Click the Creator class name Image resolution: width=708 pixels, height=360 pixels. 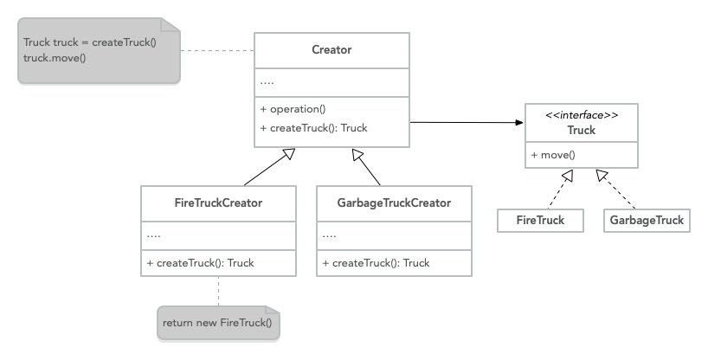point(331,49)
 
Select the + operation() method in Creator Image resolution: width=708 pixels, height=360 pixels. point(293,109)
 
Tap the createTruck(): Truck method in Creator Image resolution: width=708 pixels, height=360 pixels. point(313,128)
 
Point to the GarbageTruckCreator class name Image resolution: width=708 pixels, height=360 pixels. point(394,203)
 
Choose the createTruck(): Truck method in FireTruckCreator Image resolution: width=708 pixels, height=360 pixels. point(201,263)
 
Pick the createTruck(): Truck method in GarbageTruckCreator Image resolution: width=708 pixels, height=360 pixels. point(376,263)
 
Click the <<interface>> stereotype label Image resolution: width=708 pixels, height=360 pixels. point(581,115)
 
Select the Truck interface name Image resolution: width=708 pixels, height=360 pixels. point(581,131)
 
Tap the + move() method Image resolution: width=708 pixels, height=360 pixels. point(553,155)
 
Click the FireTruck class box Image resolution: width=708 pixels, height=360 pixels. point(540,221)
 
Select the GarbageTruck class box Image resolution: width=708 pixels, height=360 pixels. point(647,221)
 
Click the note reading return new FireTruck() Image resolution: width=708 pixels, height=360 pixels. point(218,324)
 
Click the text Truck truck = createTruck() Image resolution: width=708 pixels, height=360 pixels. point(90,42)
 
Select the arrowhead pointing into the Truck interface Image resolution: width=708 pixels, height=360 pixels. point(519,123)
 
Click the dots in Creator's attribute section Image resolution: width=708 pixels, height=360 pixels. point(267,83)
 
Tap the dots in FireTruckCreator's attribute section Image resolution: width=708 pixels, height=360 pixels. point(154,235)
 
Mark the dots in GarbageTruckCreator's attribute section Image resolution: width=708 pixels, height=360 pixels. point(329,235)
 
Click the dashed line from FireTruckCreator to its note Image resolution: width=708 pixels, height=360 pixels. point(218,291)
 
